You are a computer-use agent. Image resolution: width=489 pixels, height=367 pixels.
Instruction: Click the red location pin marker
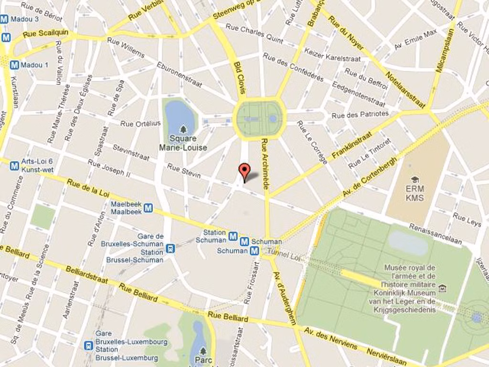[244, 171]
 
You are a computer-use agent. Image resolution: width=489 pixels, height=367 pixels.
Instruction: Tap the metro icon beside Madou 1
[14, 65]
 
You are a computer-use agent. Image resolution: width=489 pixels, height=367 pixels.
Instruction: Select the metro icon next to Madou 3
[4, 19]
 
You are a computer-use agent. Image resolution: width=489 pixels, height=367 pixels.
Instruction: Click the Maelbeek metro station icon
[149, 208]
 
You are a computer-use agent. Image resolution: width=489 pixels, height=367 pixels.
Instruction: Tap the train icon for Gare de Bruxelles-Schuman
[170, 248]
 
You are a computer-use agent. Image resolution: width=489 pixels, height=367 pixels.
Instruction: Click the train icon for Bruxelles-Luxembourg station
[88, 345]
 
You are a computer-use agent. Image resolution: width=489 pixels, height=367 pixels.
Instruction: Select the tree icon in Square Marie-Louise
[183, 130]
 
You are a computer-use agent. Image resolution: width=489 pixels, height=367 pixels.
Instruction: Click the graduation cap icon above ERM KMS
[415, 180]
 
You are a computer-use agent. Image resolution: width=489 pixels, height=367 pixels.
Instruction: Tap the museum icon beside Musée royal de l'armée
[443, 288]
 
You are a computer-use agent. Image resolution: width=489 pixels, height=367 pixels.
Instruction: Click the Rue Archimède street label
[266, 162]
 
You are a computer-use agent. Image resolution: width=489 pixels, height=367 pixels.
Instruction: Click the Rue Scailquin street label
[46, 33]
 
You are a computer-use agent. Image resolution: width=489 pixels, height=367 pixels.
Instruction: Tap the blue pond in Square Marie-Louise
[179, 115]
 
